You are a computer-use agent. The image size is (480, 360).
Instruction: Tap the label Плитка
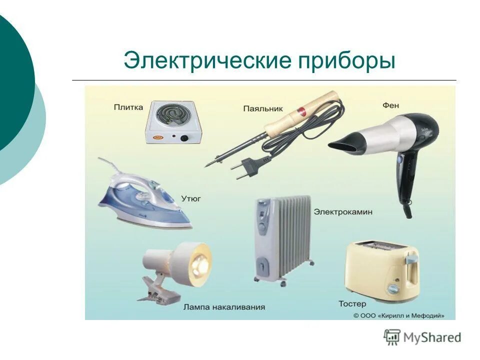(128, 106)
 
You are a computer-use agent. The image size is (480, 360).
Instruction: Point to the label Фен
(391, 105)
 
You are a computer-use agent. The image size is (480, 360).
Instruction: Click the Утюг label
(191, 198)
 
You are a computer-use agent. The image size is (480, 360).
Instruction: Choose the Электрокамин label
(343, 212)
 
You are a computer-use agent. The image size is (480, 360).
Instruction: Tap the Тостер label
(352, 303)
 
